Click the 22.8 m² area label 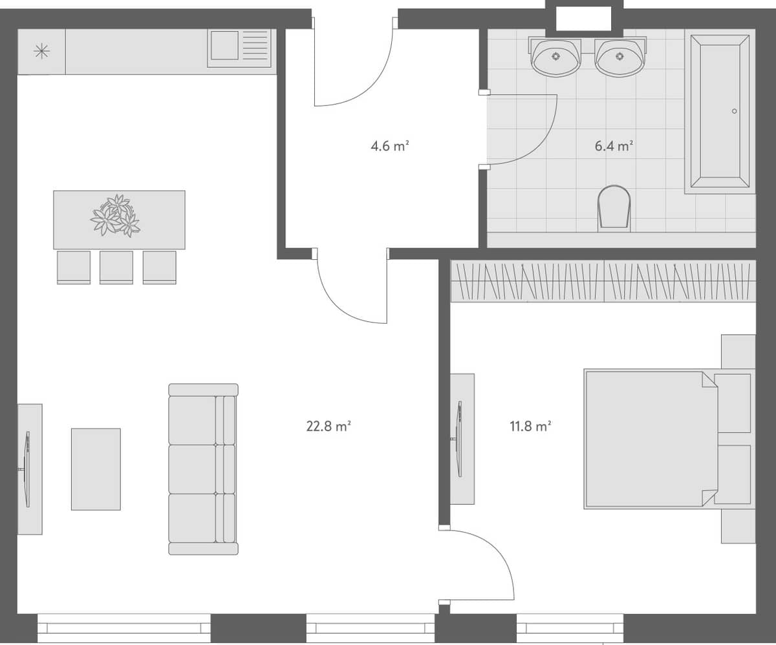pos(329,426)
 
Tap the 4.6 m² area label pos(390,146)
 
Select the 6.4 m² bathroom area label pos(614,146)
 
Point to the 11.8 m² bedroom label pos(530,426)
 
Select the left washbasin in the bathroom pos(555,56)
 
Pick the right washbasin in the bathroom pos(620,56)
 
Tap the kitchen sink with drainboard pos(239,48)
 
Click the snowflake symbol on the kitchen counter pos(41,51)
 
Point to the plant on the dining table pos(116,215)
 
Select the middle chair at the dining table pos(116,267)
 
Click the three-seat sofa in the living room pos(203,469)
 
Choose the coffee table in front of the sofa pos(96,469)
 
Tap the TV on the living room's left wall pos(27,469)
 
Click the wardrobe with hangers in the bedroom pos(603,281)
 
